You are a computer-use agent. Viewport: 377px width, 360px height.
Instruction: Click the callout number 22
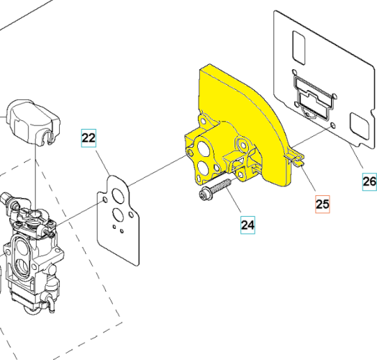[x=88, y=137]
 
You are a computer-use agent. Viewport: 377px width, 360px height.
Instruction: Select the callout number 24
[x=247, y=225]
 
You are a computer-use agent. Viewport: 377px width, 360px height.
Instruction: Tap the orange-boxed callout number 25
[x=322, y=204]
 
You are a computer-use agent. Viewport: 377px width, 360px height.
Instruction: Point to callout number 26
[x=368, y=182]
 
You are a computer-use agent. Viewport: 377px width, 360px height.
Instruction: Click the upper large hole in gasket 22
[x=116, y=192]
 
